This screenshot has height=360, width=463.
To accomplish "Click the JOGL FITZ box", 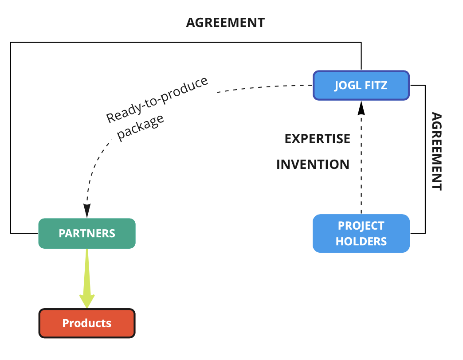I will (361, 85).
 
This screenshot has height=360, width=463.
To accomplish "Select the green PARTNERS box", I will (87, 233).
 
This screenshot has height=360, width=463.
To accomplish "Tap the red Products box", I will (87, 323).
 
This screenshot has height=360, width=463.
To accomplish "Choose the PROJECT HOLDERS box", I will (361, 234).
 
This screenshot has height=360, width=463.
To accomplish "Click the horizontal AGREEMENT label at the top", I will (225, 23).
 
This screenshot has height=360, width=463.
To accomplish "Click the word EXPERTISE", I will (317, 139).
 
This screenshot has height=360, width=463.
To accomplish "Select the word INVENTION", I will (313, 165).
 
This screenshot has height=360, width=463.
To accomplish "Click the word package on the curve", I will (141, 127).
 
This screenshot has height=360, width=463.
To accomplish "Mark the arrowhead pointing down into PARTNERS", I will (87, 210).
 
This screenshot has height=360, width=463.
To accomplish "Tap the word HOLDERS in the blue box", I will (361, 241).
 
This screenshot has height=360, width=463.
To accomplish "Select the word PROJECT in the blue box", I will (361, 226).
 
